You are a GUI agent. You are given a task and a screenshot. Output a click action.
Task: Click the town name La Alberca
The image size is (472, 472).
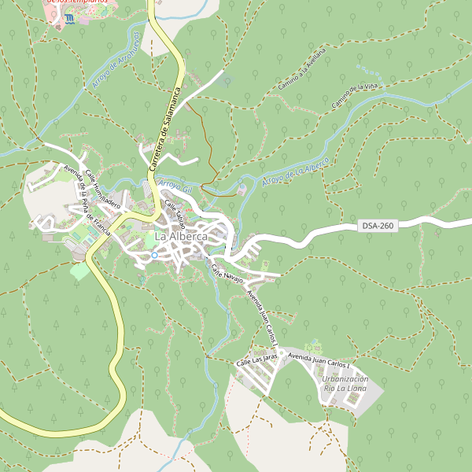(181, 236)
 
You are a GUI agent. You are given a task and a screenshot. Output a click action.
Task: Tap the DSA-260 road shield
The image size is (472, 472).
(378, 226)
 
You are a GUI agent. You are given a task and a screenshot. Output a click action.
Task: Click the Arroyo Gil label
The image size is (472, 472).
(175, 186)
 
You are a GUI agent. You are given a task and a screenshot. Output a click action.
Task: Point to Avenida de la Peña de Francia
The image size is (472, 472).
(87, 205)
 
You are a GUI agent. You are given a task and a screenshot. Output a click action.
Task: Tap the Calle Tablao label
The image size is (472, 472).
(175, 210)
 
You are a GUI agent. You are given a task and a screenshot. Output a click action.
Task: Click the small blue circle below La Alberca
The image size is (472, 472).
(154, 255)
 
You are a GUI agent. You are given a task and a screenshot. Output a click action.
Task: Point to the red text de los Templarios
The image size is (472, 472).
(77, 2)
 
